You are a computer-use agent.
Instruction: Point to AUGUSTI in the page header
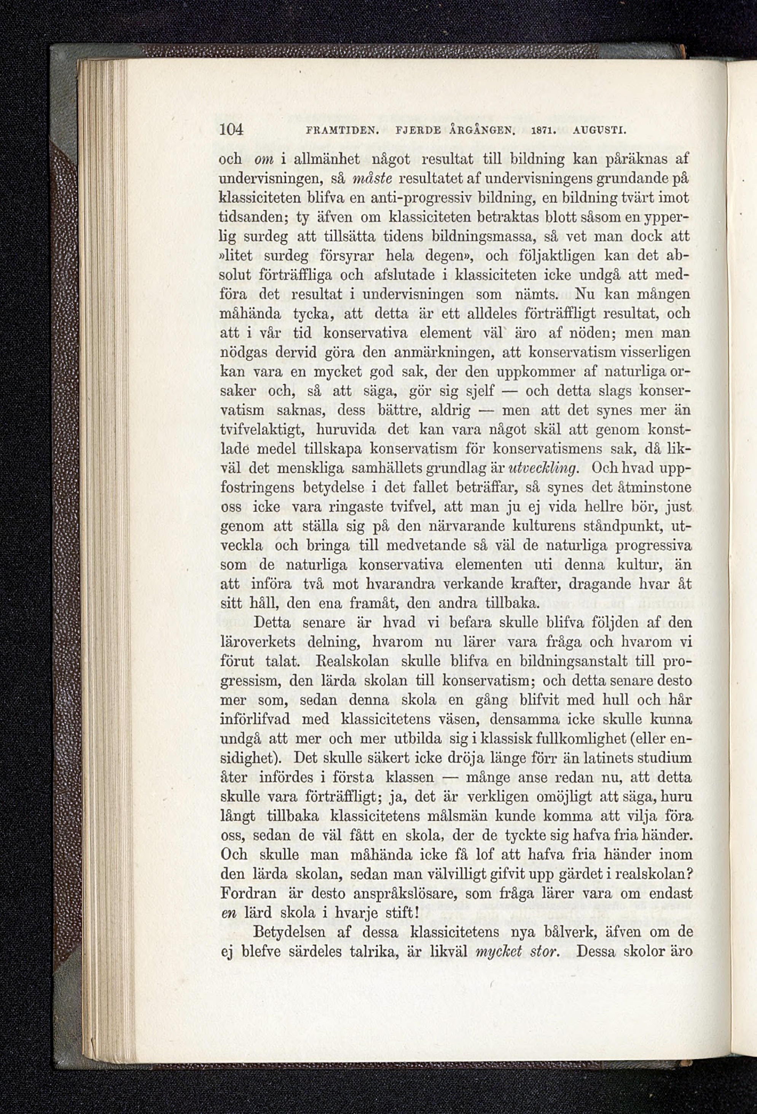click(x=603, y=130)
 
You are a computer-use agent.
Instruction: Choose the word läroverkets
click(x=258, y=642)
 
